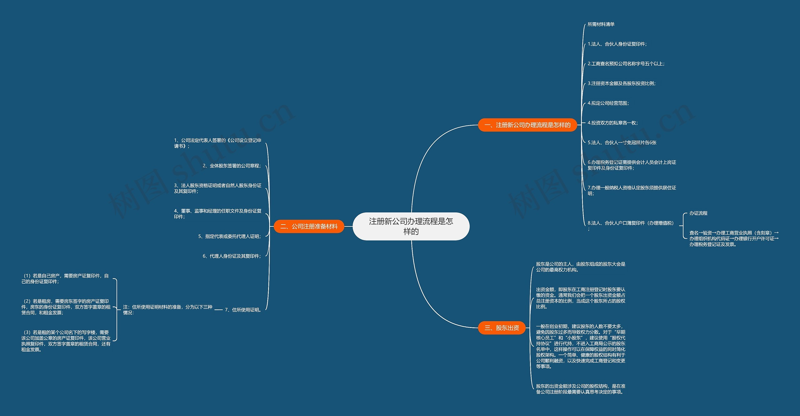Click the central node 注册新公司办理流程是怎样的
tap(411, 226)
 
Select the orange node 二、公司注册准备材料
tap(309, 226)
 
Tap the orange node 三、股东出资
tap(502, 328)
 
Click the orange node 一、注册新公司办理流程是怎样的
tap(527, 125)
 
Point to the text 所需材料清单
tap(601, 24)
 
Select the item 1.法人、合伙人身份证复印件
tap(617, 44)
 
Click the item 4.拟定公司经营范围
tap(608, 103)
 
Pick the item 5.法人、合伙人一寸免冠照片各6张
tap(622, 143)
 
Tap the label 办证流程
tap(698, 213)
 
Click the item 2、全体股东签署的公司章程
tap(232, 166)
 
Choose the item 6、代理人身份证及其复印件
tap(232, 256)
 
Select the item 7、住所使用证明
tap(243, 310)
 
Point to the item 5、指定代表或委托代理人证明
tap(229, 236)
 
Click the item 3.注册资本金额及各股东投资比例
tap(622, 83)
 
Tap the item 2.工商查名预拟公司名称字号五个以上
tap(626, 64)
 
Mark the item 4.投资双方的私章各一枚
tap(612, 123)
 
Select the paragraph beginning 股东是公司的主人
tap(581, 267)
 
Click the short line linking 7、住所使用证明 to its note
tap(219, 310)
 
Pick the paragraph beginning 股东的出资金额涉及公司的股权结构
tap(581, 389)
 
